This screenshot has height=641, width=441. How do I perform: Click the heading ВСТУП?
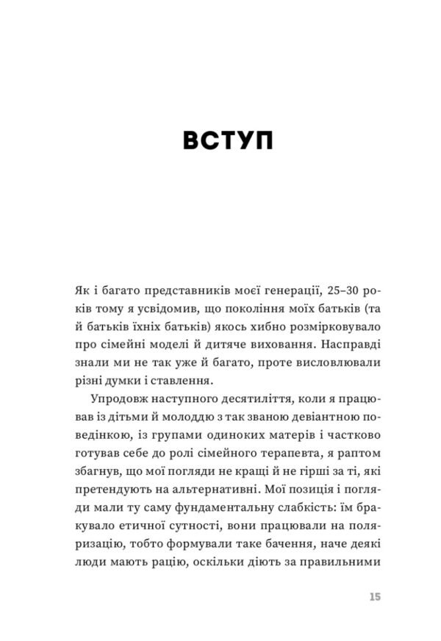click(x=220, y=140)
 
